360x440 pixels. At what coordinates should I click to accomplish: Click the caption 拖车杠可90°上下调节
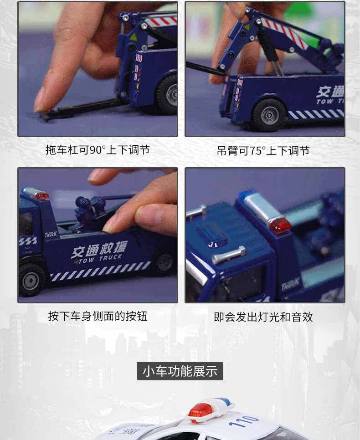(98, 150)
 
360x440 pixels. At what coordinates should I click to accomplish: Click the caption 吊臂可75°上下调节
(263, 151)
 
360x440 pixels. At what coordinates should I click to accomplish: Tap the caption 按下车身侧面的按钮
(98, 316)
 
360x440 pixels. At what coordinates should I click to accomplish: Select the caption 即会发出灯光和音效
(263, 317)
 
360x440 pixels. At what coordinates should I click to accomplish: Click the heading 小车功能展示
(180, 371)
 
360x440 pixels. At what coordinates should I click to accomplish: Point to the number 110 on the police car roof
(243, 421)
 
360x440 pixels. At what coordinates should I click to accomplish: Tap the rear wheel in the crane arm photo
(269, 115)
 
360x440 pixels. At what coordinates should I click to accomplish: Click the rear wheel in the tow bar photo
(168, 95)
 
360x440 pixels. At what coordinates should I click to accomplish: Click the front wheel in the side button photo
(31, 280)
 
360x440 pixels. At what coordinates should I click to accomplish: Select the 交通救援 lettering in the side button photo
(99, 249)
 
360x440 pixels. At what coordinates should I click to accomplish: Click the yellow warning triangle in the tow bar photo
(134, 37)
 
